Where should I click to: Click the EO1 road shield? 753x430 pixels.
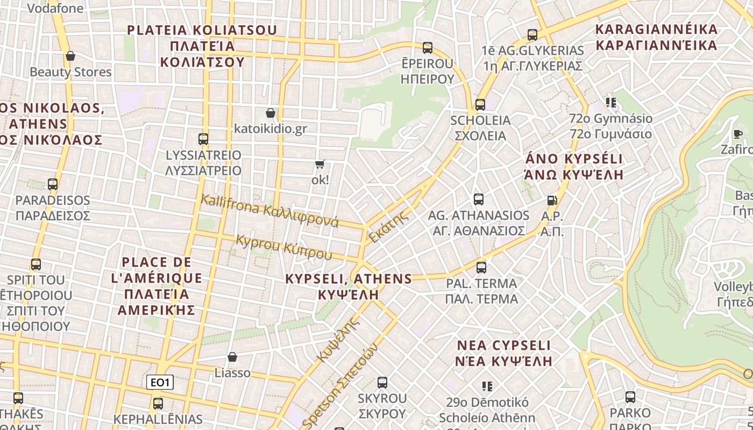click(x=160, y=383)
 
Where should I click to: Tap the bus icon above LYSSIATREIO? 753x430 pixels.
click(x=203, y=139)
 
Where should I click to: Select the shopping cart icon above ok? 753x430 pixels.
click(x=320, y=164)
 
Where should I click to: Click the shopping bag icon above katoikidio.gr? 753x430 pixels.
click(x=271, y=113)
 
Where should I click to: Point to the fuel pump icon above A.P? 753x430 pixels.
click(x=552, y=200)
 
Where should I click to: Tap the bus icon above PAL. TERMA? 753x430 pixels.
click(x=481, y=267)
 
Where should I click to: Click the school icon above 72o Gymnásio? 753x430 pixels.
click(x=610, y=102)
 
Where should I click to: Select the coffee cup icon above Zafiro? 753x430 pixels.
click(x=738, y=134)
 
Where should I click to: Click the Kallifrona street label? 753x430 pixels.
click(x=269, y=211)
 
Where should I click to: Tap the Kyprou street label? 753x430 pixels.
click(x=284, y=247)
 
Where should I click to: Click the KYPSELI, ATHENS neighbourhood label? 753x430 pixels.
click(x=349, y=286)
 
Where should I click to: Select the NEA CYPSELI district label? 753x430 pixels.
click(x=504, y=353)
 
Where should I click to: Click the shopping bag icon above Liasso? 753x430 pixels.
click(x=232, y=357)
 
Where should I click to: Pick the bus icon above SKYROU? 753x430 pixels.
click(x=382, y=383)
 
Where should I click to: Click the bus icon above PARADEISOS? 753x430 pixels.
click(x=53, y=184)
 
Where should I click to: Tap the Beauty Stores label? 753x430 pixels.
click(x=70, y=71)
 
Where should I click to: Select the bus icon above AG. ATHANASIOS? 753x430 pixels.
click(x=479, y=199)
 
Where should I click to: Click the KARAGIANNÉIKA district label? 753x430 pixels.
click(x=657, y=37)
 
